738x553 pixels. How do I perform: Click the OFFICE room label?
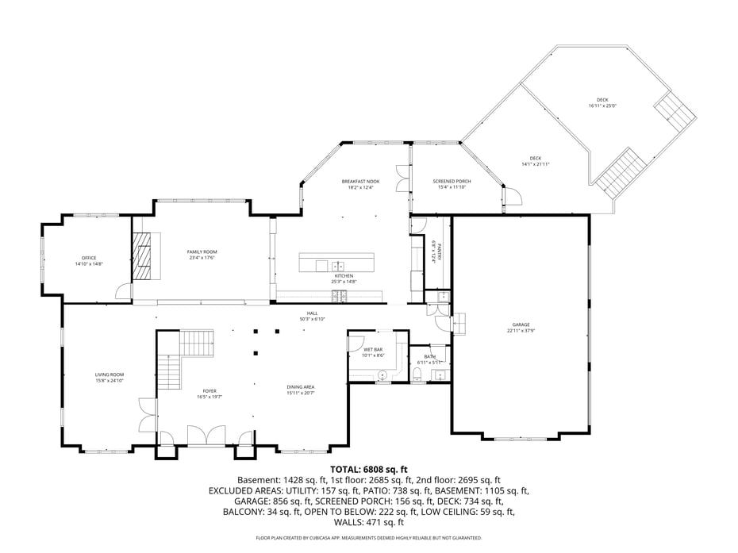click(89, 258)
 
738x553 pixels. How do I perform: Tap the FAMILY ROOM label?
click(202, 251)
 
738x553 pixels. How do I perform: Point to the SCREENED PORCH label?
click(452, 182)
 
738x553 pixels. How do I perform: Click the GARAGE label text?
click(521, 325)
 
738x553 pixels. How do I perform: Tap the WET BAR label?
click(373, 349)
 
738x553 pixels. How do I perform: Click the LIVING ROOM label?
click(110, 374)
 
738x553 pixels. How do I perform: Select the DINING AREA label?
click(301, 387)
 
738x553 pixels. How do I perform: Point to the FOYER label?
click(209, 390)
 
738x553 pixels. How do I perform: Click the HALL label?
click(313, 313)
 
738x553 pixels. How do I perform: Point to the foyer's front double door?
click(206, 436)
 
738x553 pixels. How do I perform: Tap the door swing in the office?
click(123, 291)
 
